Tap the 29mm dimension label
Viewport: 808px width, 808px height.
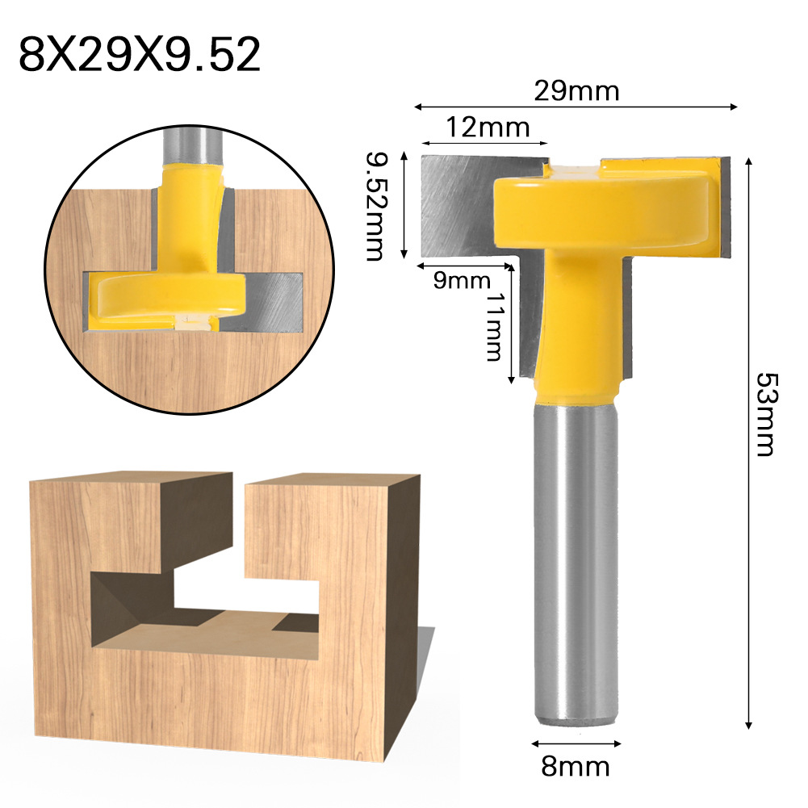tap(576, 91)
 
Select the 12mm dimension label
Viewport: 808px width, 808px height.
tap(487, 127)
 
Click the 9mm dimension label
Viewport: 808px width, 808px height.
tap(462, 281)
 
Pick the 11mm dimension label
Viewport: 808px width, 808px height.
tap(493, 326)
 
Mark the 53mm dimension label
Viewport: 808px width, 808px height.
tap(764, 413)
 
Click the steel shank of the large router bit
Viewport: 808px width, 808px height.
tap(576, 565)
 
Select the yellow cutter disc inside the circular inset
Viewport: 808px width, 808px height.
tap(165, 295)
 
